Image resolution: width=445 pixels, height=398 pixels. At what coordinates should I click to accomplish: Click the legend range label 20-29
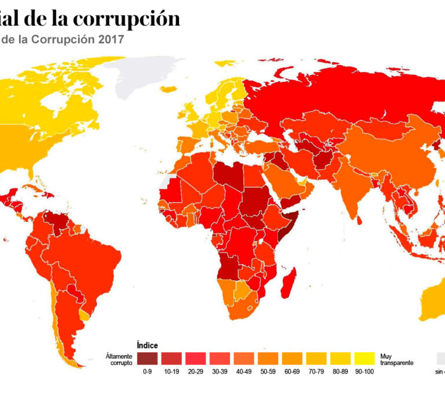[x=195, y=371]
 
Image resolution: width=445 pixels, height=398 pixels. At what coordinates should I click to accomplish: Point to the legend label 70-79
[x=315, y=371]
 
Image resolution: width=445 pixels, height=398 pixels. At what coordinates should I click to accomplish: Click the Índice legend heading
[x=147, y=345]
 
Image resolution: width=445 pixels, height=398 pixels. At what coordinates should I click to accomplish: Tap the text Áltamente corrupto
[x=119, y=359]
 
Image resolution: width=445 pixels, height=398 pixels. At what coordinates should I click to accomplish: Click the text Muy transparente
[x=396, y=359]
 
